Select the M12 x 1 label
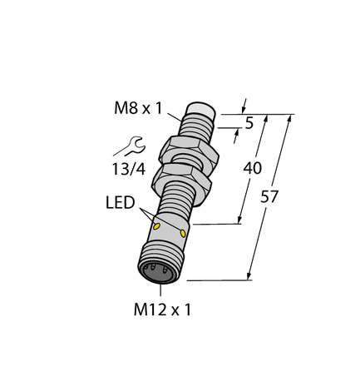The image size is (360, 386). coord(163,311)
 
